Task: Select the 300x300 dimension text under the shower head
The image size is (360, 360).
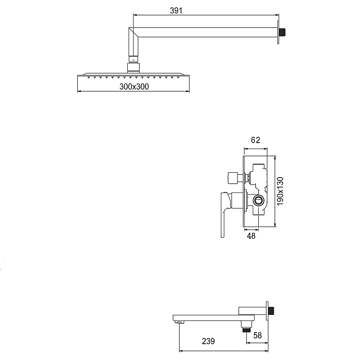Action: click(134, 86)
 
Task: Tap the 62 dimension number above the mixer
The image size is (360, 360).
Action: click(255, 140)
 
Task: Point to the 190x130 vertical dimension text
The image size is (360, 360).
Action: click(281, 191)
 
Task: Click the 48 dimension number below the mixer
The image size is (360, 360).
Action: click(251, 236)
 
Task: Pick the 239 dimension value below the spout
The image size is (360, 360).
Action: click(208, 341)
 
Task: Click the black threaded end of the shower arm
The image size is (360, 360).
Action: click(283, 33)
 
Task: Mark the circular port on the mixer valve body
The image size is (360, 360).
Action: click(259, 201)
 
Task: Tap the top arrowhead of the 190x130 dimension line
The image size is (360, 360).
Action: click(275, 157)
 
